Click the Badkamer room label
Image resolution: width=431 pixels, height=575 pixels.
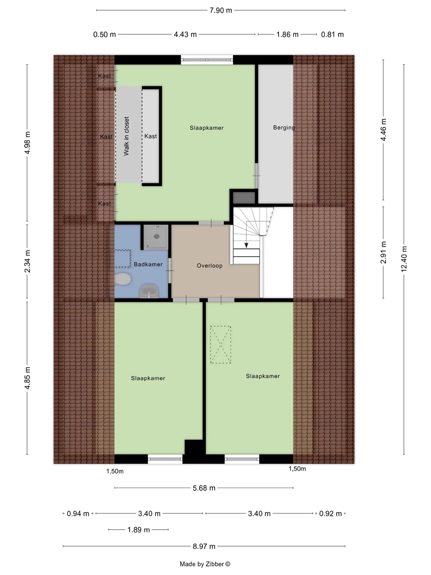pos(148,264)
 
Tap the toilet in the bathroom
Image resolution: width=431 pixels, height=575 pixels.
pos(123,279)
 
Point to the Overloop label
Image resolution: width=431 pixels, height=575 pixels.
pos(209,266)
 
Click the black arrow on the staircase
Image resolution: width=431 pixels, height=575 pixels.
pos(246,245)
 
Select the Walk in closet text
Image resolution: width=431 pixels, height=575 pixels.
pos(126,136)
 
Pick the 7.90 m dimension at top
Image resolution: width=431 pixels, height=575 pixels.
pos(221,10)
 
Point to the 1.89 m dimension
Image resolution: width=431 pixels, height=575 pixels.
pos(139,529)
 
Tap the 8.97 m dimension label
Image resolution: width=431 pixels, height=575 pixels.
pos(204,546)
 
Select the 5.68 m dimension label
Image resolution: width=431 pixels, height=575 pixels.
pos(204,488)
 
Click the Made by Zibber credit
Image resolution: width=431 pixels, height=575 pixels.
pos(205,564)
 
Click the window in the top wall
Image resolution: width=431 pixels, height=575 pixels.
pos(207,60)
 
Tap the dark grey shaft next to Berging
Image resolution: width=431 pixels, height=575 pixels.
pos(244,198)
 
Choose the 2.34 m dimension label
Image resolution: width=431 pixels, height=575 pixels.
pos(27,261)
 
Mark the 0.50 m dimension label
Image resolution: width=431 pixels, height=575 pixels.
pos(105,34)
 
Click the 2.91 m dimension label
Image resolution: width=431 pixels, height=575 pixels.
pos(383,252)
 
